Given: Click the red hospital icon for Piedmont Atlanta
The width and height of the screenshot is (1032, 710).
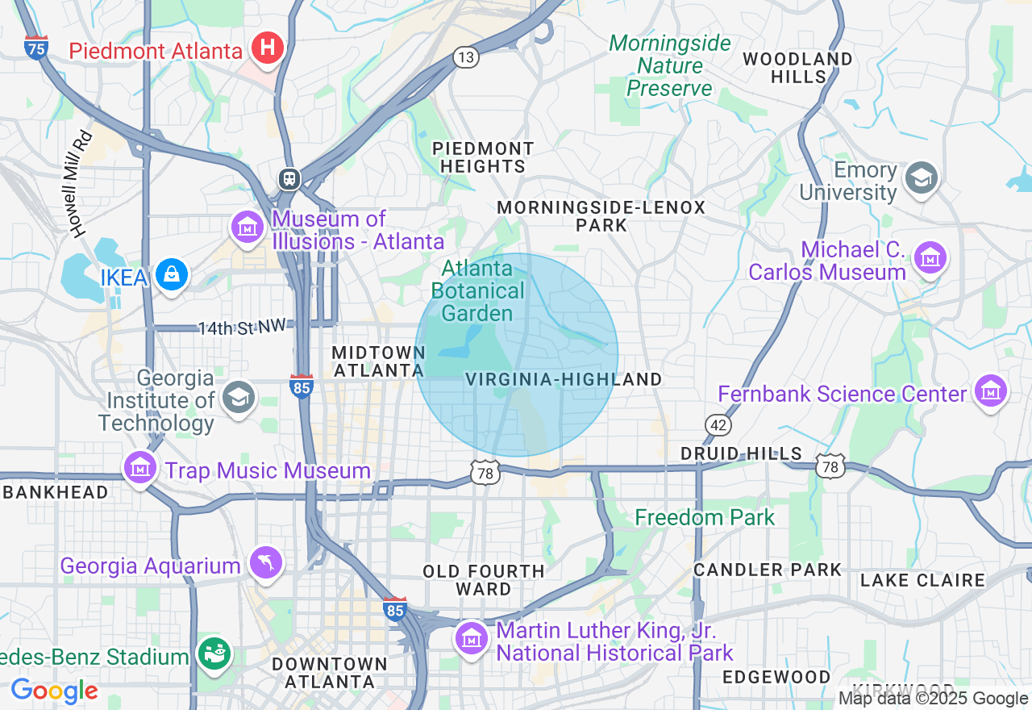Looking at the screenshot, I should click(x=267, y=49).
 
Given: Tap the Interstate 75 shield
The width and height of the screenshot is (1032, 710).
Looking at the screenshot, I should click(x=36, y=48).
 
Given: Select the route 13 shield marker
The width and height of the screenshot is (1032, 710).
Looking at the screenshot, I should click(x=466, y=57).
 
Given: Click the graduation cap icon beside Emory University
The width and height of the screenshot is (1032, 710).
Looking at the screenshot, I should click(x=921, y=179).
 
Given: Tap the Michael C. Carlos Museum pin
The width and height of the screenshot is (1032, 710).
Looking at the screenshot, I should click(x=930, y=258).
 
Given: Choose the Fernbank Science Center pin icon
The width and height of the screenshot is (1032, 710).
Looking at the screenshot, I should click(x=991, y=392).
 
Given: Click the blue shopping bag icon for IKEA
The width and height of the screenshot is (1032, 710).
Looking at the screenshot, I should click(x=172, y=276).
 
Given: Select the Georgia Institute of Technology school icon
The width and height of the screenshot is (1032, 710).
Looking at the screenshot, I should click(x=239, y=398).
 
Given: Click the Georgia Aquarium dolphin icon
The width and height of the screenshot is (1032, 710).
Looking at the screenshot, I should click(x=267, y=562).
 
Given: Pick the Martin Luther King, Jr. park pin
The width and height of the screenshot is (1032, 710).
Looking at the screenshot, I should click(x=472, y=639).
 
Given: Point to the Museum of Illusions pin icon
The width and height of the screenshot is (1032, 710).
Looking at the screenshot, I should click(x=248, y=228).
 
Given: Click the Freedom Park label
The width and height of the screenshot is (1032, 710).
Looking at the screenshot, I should click(x=705, y=517).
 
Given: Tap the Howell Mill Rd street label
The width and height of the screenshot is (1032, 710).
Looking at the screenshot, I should click(x=80, y=184).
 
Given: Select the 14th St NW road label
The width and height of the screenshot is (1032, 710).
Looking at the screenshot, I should click(x=242, y=328).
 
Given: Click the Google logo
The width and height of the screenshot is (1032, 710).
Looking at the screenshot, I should click(x=54, y=691).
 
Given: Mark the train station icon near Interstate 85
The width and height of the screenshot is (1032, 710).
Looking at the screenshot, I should click(x=289, y=179).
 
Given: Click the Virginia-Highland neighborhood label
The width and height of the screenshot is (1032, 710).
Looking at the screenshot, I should click(x=564, y=379).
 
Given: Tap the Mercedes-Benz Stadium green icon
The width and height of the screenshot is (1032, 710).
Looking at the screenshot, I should click(x=214, y=654).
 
